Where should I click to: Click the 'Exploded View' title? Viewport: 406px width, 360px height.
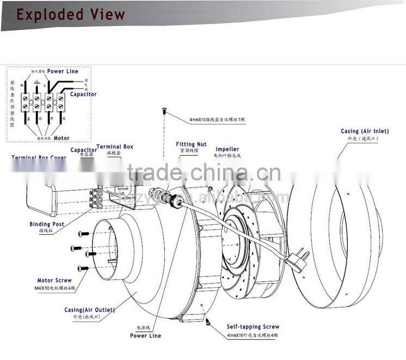70,14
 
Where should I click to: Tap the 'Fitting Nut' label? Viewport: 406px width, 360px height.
191,144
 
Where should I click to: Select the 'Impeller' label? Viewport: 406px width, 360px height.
227,149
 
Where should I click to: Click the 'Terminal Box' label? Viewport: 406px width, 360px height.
114,147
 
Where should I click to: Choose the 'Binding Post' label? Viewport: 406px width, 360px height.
47,224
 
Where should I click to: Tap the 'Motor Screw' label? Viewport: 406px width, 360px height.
54,281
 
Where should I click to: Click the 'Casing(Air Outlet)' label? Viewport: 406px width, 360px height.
89,309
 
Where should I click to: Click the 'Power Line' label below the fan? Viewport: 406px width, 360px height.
145,336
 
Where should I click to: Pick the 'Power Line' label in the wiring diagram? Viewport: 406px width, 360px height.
63,71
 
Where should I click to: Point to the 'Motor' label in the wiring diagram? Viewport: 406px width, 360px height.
61,138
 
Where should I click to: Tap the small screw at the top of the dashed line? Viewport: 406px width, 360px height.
164,110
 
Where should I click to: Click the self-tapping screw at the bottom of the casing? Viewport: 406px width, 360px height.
207,324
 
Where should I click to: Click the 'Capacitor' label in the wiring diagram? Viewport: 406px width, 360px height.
83,94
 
